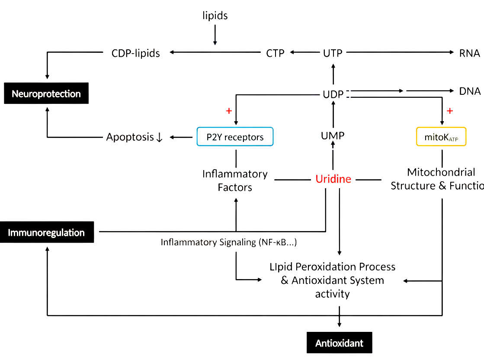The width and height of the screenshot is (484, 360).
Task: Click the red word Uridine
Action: (333, 179)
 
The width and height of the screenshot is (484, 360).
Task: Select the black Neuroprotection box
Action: (46, 93)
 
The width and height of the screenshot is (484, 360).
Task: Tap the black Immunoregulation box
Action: (46, 232)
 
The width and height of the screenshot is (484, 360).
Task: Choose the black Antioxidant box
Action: (339, 343)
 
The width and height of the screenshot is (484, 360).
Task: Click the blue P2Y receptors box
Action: (235, 137)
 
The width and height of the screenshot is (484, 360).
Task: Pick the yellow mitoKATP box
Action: (441, 137)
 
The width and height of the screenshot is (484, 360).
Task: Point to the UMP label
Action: (333, 136)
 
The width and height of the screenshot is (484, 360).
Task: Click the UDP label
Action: (333, 94)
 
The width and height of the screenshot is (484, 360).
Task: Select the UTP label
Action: (333, 53)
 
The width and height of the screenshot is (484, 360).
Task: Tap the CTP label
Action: (275, 53)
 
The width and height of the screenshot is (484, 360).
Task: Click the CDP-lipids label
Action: (135, 53)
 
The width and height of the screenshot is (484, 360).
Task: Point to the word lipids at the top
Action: (215, 16)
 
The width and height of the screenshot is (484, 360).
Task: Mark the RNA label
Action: (470, 53)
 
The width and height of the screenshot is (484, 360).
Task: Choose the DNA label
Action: (470, 91)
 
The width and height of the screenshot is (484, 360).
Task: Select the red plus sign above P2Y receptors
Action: (229, 111)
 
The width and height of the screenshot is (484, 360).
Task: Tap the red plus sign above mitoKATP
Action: (449, 111)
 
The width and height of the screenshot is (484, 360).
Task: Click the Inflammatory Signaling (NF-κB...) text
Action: (228, 242)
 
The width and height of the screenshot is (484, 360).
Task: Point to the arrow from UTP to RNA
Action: (398, 53)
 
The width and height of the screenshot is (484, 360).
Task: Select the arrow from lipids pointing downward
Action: (215, 34)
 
